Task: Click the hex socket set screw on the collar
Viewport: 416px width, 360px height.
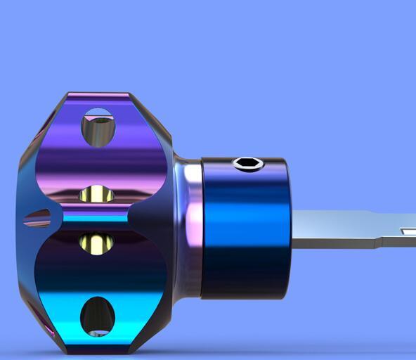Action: click(248, 164)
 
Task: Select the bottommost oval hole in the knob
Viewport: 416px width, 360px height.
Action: click(97, 316)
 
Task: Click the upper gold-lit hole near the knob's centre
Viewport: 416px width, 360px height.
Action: click(96, 193)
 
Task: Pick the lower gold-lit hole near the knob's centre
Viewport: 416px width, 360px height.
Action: click(96, 243)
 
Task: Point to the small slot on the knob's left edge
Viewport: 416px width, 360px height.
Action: click(37, 219)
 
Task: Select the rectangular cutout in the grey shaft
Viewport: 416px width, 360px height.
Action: click(408, 231)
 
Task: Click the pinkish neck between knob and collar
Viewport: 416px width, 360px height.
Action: click(188, 225)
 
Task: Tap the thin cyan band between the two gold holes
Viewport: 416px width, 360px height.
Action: click(95, 218)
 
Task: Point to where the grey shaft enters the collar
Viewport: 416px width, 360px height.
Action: click(291, 229)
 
